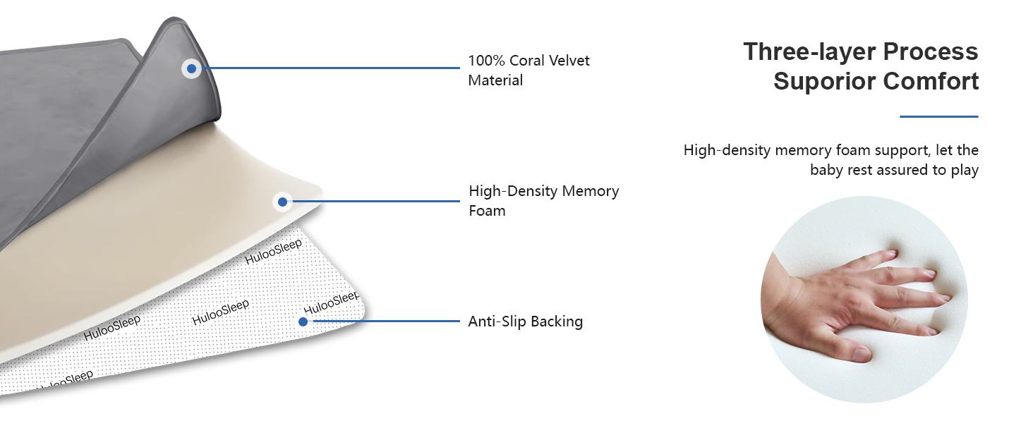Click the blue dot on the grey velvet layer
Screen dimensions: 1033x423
click(x=191, y=68)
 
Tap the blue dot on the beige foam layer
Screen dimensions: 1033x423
click(x=283, y=202)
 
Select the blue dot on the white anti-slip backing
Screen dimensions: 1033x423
click(x=303, y=321)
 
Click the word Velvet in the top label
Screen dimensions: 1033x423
click(x=568, y=61)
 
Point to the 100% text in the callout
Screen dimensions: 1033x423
click(x=487, y=61)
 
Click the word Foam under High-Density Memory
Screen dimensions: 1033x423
click(x=487, y=211)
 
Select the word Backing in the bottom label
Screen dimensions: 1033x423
click(x=557, y=321)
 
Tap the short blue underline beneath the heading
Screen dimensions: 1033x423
click(x=939, y=116)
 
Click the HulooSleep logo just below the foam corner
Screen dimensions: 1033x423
click(x=274, y=252)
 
